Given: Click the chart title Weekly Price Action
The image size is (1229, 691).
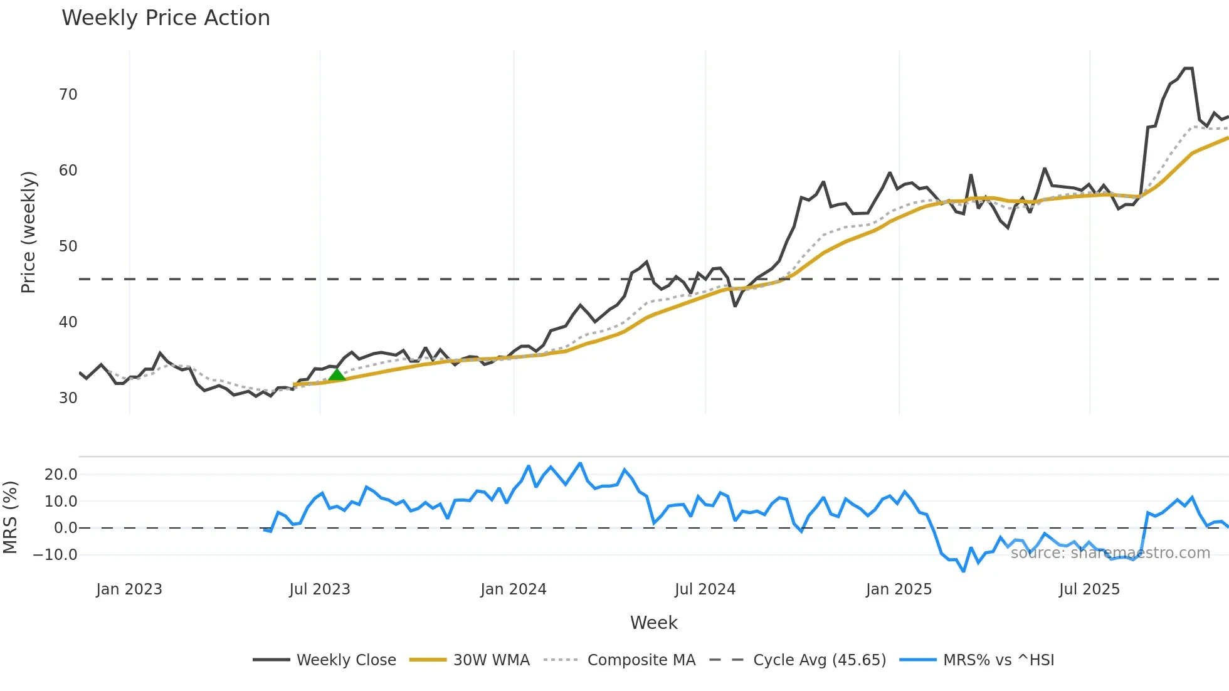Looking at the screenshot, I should click(166, 18).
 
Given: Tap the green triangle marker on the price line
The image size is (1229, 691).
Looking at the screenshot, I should click(337, 374).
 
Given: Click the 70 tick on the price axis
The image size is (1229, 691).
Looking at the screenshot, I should click(68, 95).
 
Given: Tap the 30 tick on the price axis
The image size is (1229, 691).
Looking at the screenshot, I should click(68, 398).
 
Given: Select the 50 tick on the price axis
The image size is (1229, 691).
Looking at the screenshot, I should click(68, 246).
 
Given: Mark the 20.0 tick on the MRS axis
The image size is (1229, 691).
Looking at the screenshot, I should click(61, 475).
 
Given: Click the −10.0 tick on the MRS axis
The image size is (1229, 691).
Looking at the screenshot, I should click(55, 555).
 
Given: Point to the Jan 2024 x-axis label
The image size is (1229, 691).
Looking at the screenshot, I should click(514, 589).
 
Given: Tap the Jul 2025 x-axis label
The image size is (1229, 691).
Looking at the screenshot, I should click(1089, 589).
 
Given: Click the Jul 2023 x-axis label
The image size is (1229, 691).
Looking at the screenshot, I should click(320, 589).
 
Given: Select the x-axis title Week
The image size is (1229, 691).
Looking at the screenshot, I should click(653, 623).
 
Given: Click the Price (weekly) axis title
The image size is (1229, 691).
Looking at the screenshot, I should click(28, 232).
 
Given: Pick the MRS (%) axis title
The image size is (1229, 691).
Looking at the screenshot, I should click(10, 517).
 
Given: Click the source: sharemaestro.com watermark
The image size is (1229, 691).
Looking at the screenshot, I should click(1110, 553).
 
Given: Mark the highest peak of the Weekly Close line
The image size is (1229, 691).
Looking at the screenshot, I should click(1188, 68).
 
